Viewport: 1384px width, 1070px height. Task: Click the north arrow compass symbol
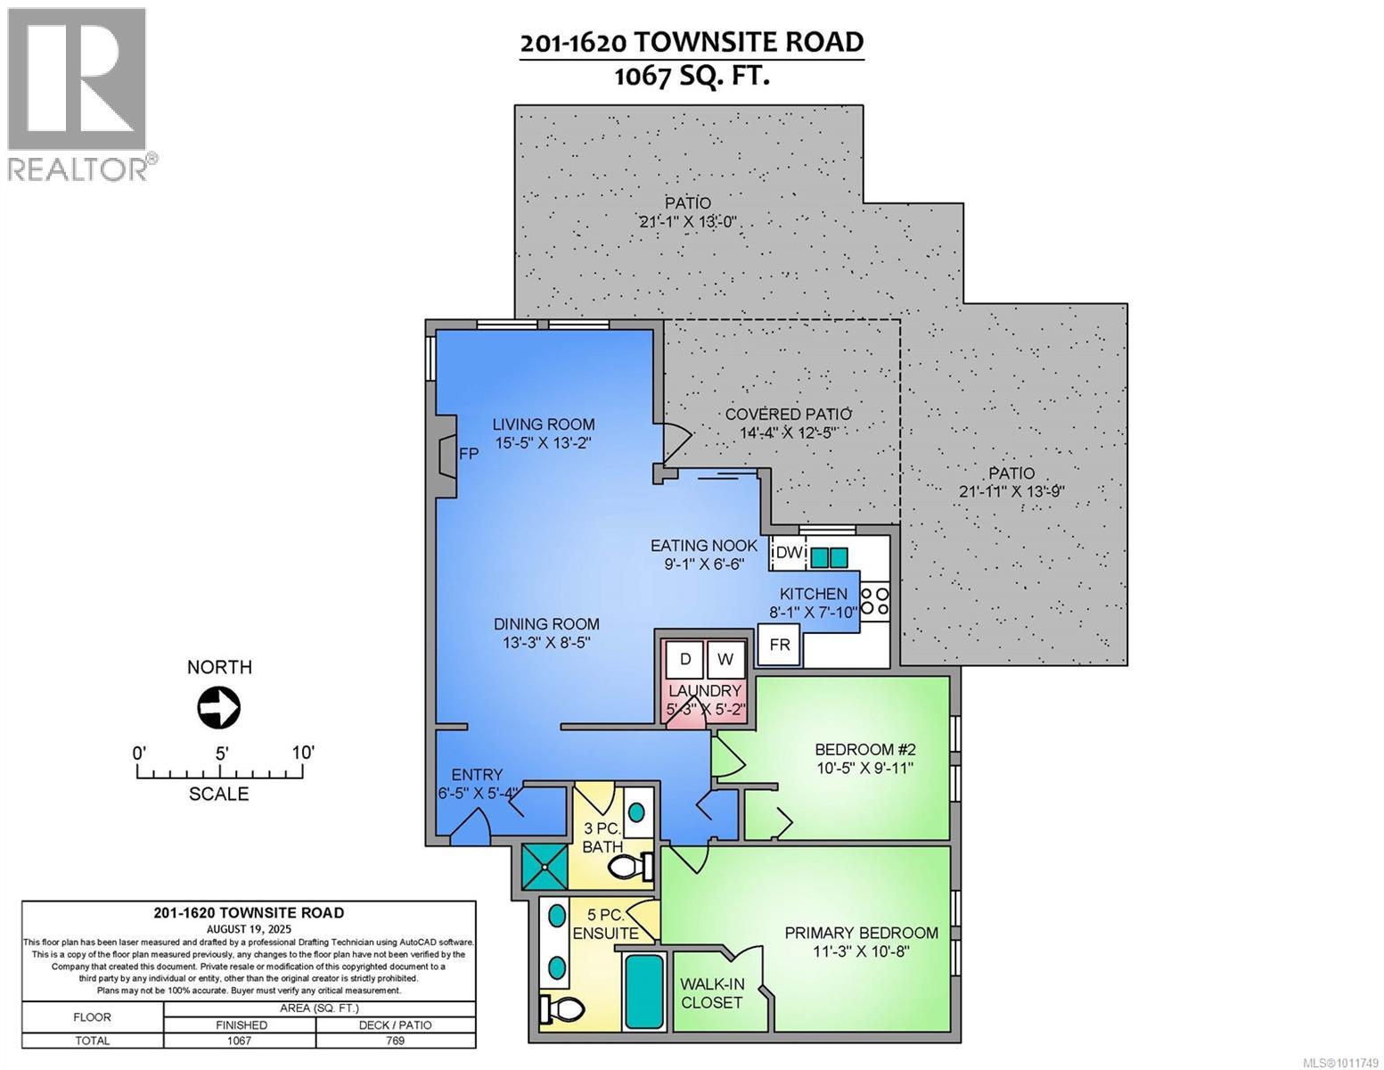(218, 707)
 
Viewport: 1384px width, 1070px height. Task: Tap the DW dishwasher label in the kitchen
(790, 553)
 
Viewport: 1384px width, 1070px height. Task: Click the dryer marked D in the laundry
(684, 660)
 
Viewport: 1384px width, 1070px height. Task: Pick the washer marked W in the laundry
(725, 660)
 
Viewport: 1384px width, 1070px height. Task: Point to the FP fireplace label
(469, 454)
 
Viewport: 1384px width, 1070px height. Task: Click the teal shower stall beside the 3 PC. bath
(545, 868)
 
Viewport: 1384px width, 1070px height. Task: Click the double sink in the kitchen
(830, 557)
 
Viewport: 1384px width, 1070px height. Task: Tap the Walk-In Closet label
(711, 993)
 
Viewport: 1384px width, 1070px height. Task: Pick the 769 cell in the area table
(396, 1041)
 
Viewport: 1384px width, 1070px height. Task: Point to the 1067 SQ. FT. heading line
(692, 77)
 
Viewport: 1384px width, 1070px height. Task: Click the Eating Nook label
(704, 546)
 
